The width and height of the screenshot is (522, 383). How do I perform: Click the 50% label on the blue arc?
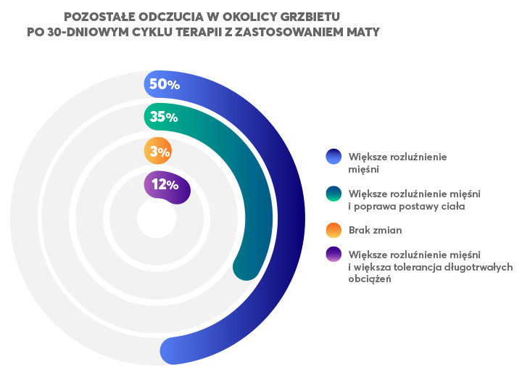click(164, 84)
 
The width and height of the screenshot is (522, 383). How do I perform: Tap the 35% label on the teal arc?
click(164, 117)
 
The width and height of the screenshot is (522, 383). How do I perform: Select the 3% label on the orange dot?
click(158, 152)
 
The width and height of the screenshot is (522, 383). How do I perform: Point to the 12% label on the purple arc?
click(165, 184)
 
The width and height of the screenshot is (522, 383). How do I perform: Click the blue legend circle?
click(334, 157)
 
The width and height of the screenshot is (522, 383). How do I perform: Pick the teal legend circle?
click(334, 194)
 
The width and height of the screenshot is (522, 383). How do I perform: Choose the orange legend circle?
click(334, 230)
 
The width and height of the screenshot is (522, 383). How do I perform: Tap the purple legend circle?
click(334, 255)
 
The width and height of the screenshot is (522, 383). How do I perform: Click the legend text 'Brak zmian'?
click(375, 230)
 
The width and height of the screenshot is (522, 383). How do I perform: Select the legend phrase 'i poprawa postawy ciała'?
click(406, 206)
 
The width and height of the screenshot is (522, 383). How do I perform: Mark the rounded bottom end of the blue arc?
click(173, 352)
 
